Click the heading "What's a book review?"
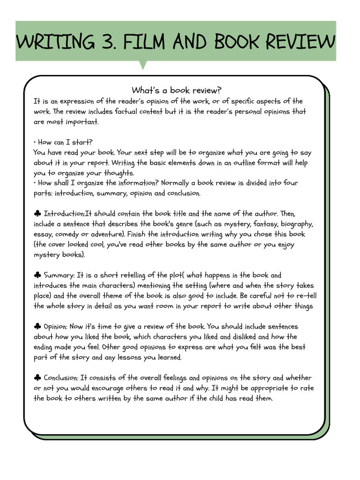coord(176,90)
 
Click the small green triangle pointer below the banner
coord(143,65)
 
